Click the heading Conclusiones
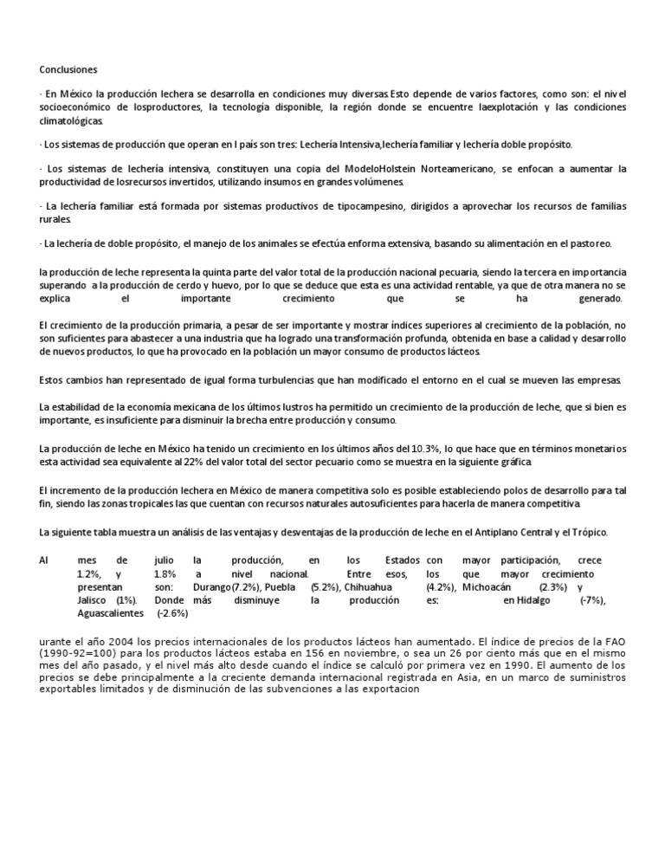click(x=69, y=68)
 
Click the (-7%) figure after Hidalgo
click(x=592, y=599)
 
